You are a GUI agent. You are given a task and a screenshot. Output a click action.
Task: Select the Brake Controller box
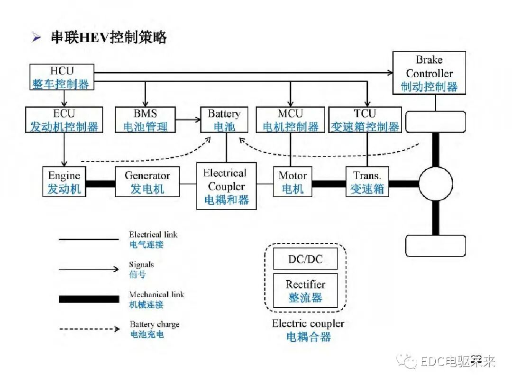pos(429,73)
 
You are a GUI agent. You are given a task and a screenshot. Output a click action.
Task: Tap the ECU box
pos(64,120)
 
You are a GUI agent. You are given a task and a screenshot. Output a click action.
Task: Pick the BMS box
pos(145,120)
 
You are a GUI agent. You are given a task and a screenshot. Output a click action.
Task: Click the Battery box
pos(224,120)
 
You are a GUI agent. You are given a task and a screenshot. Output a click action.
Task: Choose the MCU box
pos(290,120)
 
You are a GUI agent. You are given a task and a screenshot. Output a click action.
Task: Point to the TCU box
pos(365,120)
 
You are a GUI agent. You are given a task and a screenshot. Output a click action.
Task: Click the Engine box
pos(64,182)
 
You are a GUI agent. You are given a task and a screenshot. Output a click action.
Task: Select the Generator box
pos(147,182)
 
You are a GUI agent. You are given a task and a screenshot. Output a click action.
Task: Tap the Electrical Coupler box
pos(227,186)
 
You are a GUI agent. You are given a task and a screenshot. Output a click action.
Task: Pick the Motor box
pos(293,182)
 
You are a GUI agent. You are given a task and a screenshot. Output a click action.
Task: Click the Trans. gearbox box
pos(367,182)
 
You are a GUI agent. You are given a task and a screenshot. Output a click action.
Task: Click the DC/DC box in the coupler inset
pos(305,259)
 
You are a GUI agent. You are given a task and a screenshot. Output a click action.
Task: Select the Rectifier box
pos(305,290)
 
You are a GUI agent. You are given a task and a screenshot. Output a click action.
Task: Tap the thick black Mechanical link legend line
pos(89,299)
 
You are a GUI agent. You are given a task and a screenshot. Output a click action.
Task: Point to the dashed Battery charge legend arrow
pos(89,329)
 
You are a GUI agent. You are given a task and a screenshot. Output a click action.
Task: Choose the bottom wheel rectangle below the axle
pos(435,246)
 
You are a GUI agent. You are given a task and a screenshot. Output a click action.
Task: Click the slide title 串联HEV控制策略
pos(109,38)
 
